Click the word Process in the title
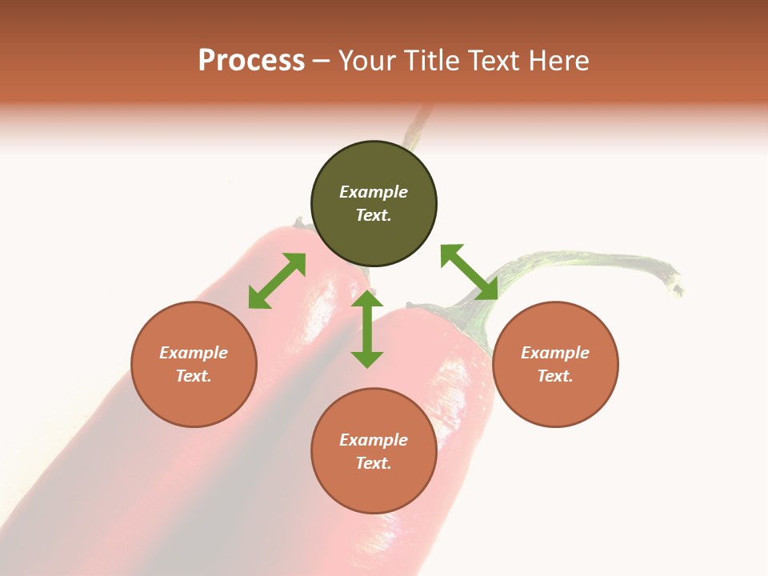[x=251, y=61]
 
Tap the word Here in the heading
[x=559, y=61]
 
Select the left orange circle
[x=194, y=392]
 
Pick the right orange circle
[x=555, y=392]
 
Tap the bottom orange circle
[x=374, y=480]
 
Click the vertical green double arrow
[x=367, y=330]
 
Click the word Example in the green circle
[x=374, y=192]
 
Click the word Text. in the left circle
[x=194, y=376]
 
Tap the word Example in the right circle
[x=555, y=353]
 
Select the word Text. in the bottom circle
[x=374, y=463]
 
